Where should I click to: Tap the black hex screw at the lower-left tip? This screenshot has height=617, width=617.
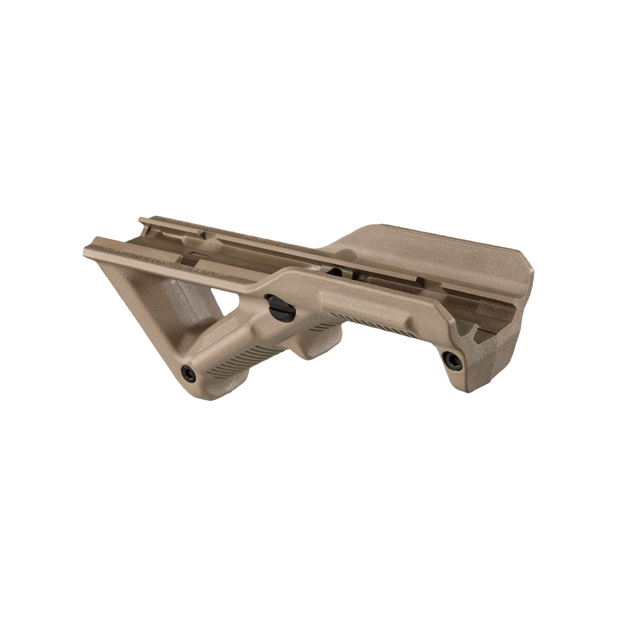pos(188,373)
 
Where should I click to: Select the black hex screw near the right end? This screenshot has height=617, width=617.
pos(452,361)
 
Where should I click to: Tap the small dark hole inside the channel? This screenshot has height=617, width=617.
pos(334,272)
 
